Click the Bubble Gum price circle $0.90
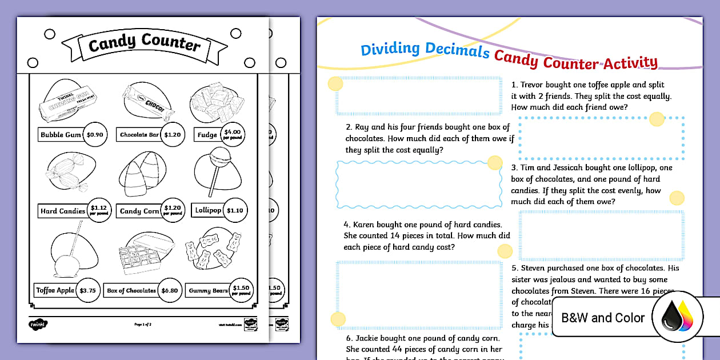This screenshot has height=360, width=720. pyautogui.click(x=94, y=135)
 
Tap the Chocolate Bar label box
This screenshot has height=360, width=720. pyautogui.click(x=139, y=135)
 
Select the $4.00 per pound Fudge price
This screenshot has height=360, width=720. pyautogui.click(x=232, y=134)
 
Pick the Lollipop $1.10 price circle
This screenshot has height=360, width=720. pyautogui.click(x=234, y=210)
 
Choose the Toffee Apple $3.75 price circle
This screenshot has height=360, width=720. pyautogui.click(x=87, y=290)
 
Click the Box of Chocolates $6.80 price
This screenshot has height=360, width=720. pyautogui.click(x=170, y=290)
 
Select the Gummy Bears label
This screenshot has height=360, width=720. pyautogui.click(x=208, y=291)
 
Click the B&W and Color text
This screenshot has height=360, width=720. pyautogui.click(x=603, y=318)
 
